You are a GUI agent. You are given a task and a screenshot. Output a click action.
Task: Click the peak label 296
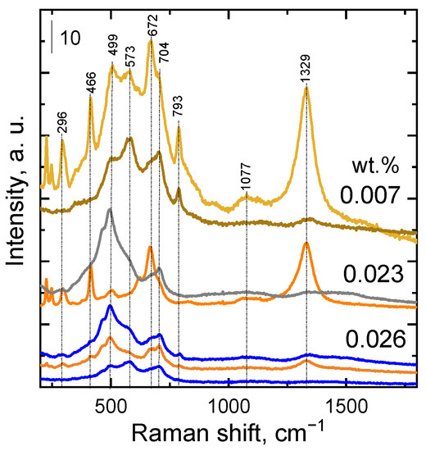pos(62,122)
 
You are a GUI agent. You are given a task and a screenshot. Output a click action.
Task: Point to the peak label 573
pos(129,56)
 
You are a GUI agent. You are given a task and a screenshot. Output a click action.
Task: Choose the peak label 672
pos(151,24)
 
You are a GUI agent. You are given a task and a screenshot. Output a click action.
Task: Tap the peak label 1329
pos(306,70)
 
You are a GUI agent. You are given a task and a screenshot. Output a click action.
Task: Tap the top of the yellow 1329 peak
pos(306,87)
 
